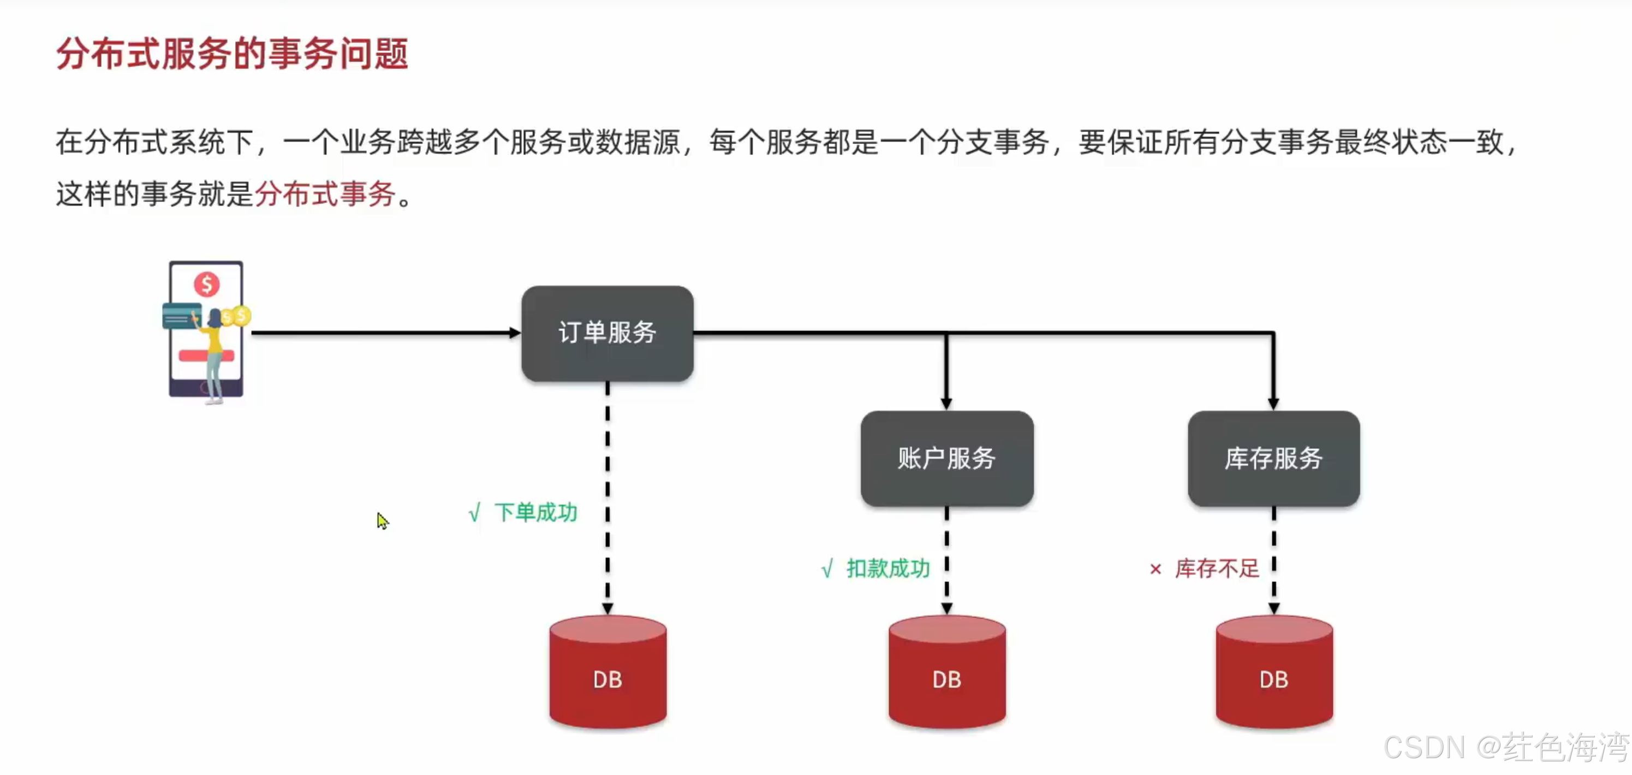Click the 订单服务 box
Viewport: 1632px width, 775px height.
tap(607, 333)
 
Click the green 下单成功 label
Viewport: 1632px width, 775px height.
tap(535, 512)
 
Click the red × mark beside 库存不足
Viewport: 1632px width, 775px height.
tap(1155, 569)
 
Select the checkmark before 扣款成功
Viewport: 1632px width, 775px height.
tap(827, 569)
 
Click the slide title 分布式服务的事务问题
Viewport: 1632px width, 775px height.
tap(232, 54)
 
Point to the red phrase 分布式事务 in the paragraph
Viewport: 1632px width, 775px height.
tap(325, 194)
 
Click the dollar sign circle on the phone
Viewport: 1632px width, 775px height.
tap(206, 284)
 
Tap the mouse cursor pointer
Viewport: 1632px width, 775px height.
tap(382, 520)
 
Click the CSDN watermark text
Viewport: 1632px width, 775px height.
tap(1505, 748)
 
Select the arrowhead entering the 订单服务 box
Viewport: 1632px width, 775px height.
tap(514, 332)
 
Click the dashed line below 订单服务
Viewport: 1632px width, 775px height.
tap(607, 494)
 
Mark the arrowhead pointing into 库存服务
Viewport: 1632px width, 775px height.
tap(1273, 404)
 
